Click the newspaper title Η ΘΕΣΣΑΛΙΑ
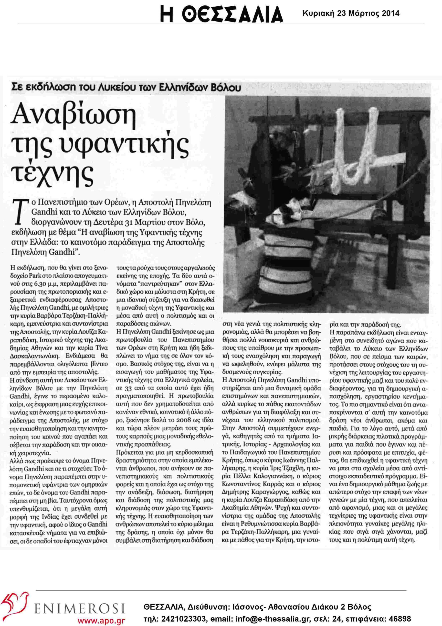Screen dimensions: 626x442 click(x=221, y=13)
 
